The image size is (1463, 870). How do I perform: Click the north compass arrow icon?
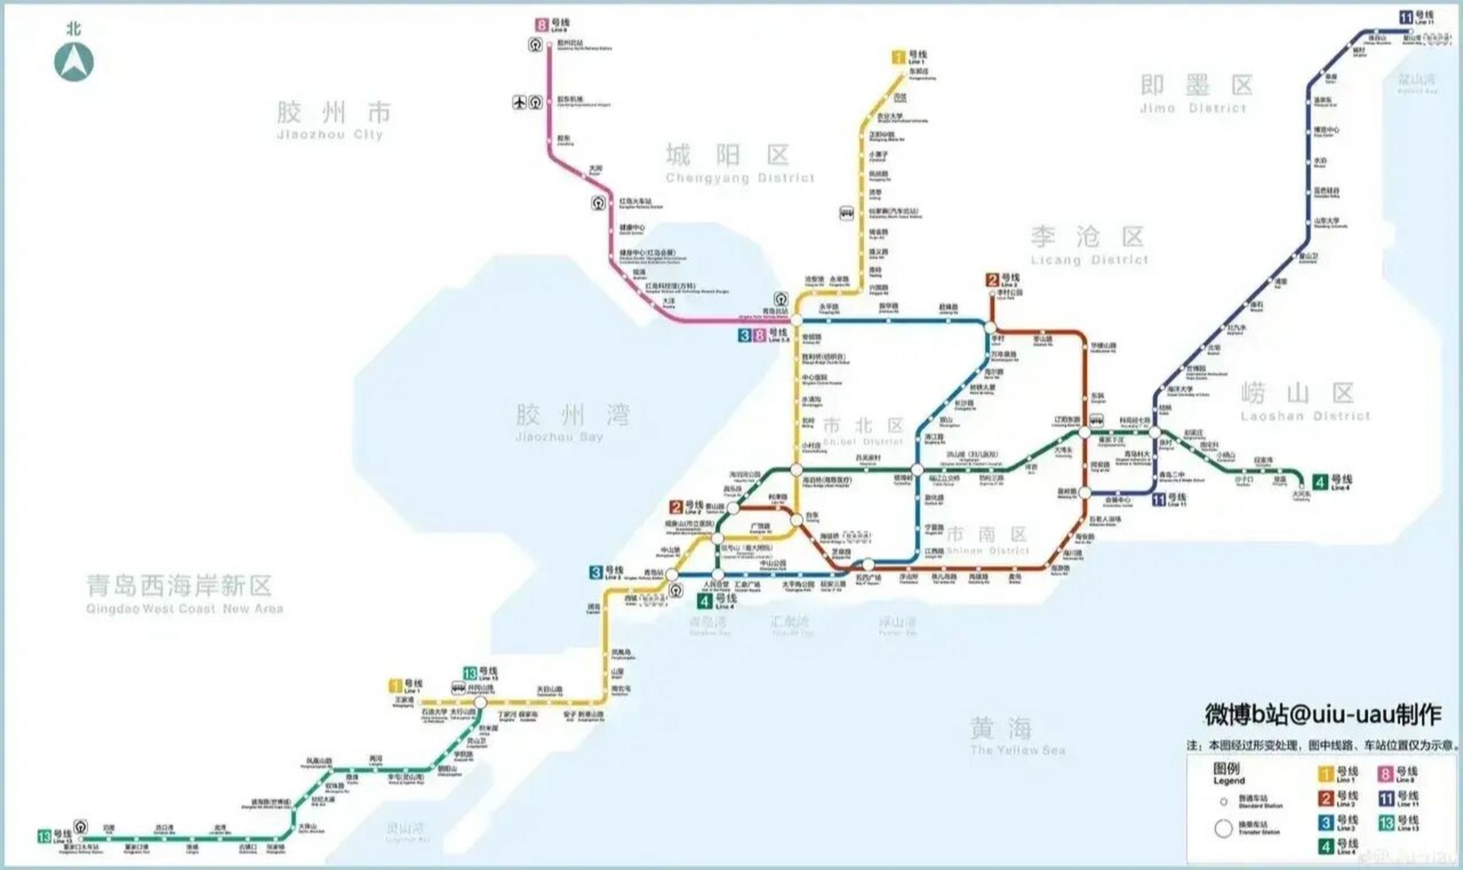pos(73,61)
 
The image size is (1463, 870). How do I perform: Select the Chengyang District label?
pos(739,164)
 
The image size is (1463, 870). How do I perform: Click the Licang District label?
pos(1089,245)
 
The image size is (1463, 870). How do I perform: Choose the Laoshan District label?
pos(1305,401)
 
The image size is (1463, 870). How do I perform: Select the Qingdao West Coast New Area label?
pos(184,593)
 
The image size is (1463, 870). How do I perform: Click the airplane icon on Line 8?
pos(520,103)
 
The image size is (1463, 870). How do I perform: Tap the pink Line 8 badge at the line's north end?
pos(542,26)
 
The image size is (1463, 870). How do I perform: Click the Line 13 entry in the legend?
pos(1398,824)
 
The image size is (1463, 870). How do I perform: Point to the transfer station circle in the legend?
pos(1223,829)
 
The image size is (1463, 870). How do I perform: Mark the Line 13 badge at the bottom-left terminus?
pos(45,835)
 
